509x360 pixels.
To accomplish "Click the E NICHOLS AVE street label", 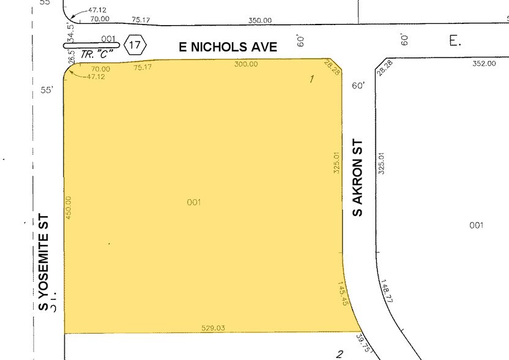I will click(x=228, y=47).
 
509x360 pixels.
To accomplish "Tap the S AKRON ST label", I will click(x=359, y=178).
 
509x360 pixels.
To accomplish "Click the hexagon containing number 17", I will click(x=135, y=45).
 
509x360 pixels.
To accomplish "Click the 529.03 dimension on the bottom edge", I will click(x=213, y=328).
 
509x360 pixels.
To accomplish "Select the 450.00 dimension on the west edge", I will click(x=69, y=208).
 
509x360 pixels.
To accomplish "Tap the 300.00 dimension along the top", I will click(x=245, y=64).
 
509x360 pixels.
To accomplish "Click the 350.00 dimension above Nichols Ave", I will click(x=260, y=20).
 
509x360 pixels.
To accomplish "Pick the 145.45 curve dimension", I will click(x=344, y=294).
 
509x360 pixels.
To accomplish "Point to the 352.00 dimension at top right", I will click(x=484, y=63).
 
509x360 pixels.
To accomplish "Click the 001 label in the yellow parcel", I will click(x=194, y=202).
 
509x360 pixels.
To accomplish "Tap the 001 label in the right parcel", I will click(x=477, y=225).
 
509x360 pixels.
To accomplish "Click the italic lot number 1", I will click(x=312, y=78).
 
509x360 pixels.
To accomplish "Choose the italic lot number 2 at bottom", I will click(x=339, y=353).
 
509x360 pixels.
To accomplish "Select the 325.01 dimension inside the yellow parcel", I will click(x=336, y=163).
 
